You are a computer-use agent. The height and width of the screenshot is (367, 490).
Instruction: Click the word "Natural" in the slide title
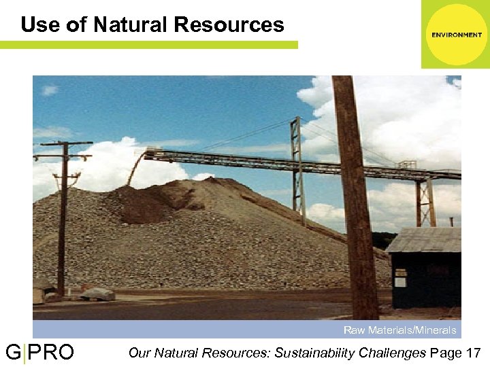pyautogui.click(x=130, y=24)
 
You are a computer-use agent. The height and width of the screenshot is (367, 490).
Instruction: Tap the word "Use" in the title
pyautogui.click(x=37, y=24)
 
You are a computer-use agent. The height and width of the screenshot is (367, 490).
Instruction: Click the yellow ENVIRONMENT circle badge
pyautogui.click(x=455, y=35)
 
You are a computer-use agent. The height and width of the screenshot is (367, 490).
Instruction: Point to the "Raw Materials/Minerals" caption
pyautogui.click(x=399, y=330)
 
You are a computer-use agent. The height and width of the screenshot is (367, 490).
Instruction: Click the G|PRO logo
pyautogui.click(x=39, y=353)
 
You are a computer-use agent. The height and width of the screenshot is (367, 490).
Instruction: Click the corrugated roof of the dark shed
pyautogui.click(x=423, y=239)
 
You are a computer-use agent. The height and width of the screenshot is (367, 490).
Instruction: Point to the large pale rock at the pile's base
pyautogui.click(x=99, y=294)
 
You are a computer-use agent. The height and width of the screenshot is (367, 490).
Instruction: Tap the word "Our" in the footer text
pyautogui.click(x=140, y=353)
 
